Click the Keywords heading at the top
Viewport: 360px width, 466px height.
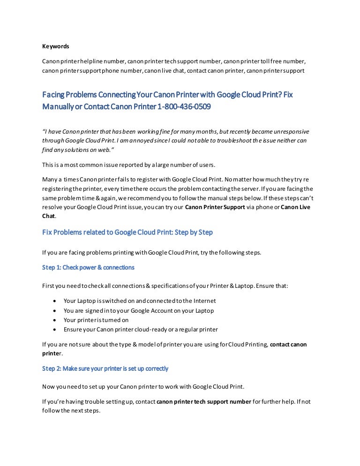55,46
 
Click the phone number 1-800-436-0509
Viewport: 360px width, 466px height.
184,106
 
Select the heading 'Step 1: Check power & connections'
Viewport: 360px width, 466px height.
88,267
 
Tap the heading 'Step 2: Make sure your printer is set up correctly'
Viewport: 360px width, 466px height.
105,368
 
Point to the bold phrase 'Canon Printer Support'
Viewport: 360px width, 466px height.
215,207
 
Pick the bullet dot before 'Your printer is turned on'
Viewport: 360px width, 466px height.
56,320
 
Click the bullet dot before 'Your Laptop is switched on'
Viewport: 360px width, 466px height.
56,301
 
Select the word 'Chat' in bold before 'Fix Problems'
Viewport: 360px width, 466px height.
49,217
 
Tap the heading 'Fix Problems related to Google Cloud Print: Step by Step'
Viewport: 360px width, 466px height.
127,233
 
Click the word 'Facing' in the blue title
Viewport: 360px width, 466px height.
54,94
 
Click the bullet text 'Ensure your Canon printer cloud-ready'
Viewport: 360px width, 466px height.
141,330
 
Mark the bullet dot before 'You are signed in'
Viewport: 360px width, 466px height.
56,311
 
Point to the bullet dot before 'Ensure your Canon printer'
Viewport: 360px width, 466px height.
56,330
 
